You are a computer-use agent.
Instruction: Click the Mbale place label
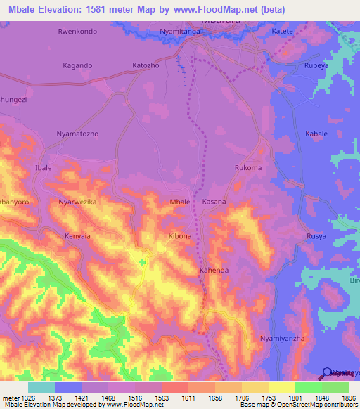[x=180, y=202]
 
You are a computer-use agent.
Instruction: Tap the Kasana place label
[x=214, y=202]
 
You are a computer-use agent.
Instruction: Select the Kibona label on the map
[x=180, y=236]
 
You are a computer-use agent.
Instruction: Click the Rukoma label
[x=247, y=168]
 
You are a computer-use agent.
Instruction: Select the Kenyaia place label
[x=78, y=236]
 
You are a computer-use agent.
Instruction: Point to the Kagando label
[x=77, y=65]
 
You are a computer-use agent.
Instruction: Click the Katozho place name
[x=146, y=65]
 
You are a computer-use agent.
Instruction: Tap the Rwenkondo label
[x=77, y=32]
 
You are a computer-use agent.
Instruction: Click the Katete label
[x=282, y=32]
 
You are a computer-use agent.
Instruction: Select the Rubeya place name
[x=316, y=65]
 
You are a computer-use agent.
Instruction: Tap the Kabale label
[x=316, y=134]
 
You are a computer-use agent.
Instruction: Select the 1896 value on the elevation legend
[x=347, y=398]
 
